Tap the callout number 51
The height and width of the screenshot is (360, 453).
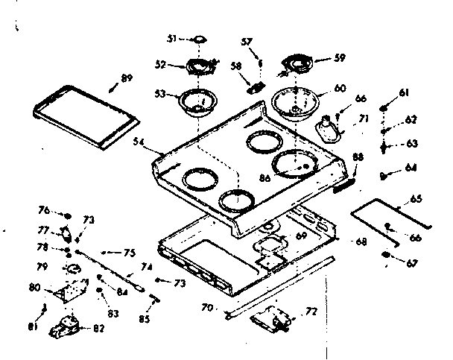(x=171, y=40)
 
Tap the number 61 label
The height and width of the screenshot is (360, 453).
(x=405, y=93)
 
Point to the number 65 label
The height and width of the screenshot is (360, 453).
(x=415, y=198)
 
